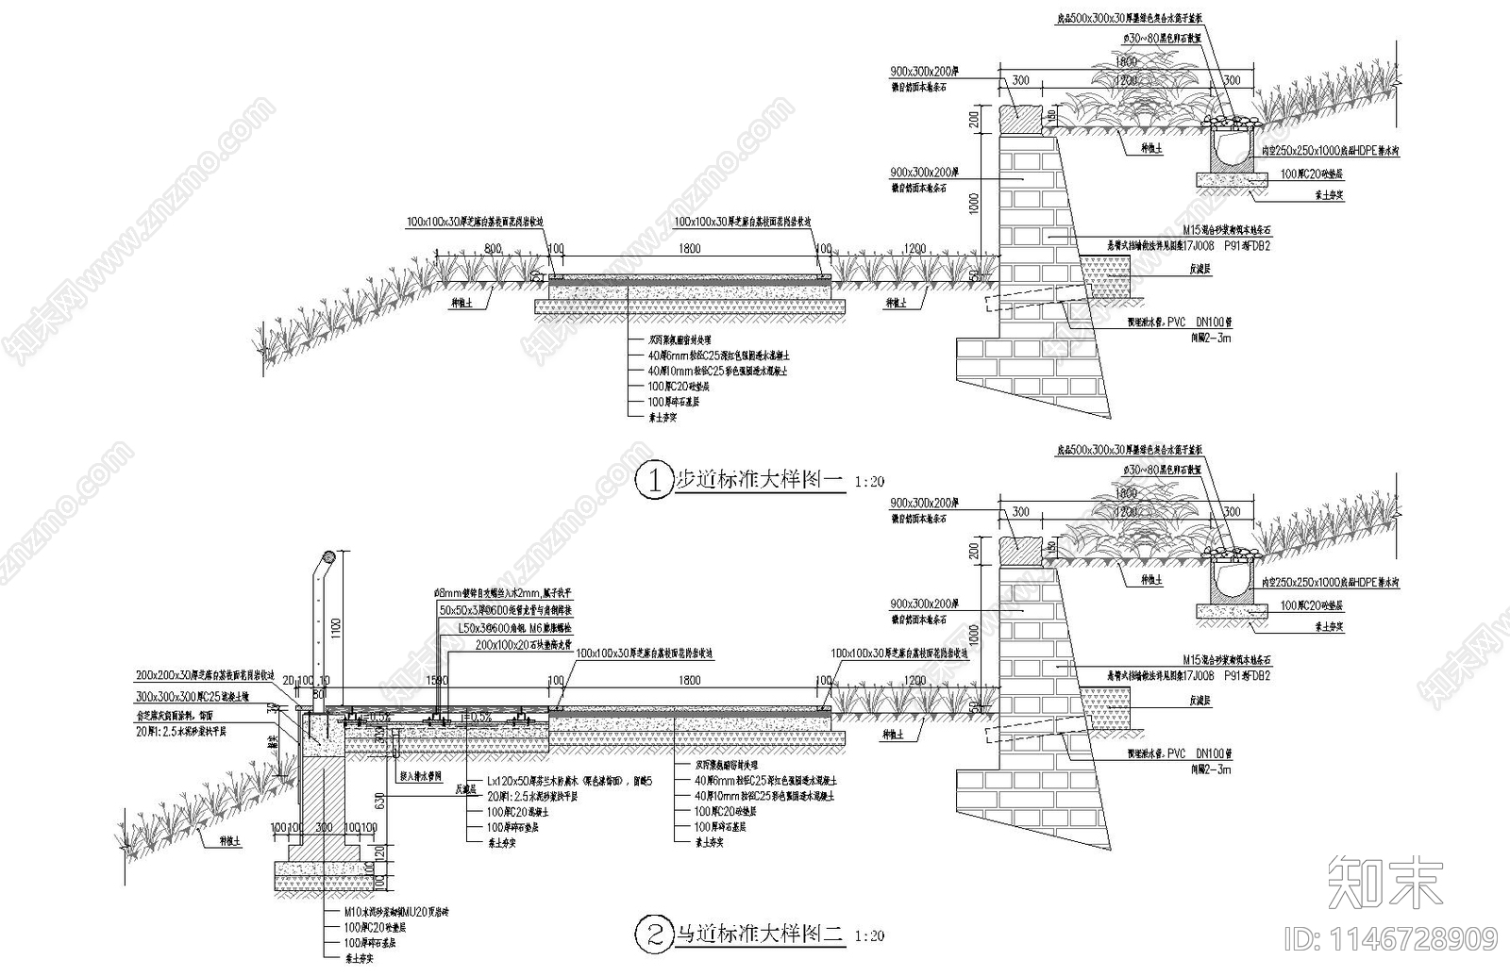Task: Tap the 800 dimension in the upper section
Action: coord(492,249)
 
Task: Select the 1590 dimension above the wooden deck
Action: coord(437,680)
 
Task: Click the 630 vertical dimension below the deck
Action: coord(378,802)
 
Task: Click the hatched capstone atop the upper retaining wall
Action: coord(1022,121)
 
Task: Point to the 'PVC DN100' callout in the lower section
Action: coord(1179,755)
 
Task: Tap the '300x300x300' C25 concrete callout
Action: coord(193,695)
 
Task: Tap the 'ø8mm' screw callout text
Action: coord(501,592)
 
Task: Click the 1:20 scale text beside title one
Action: coord(868,481)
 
